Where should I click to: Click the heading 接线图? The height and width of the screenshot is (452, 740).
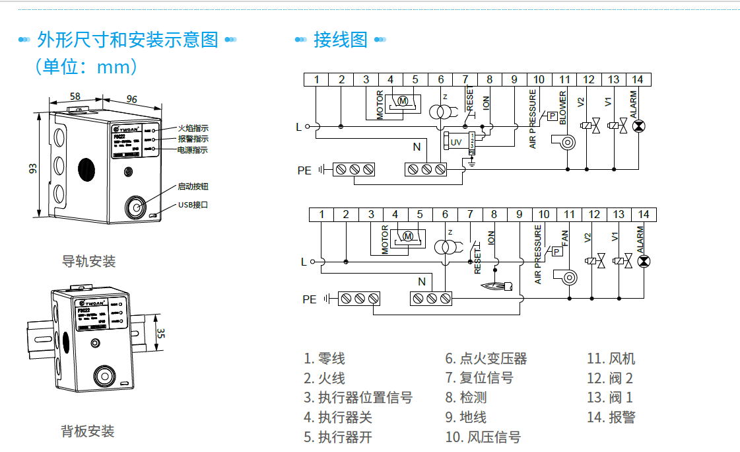pyautogui.click(x=340, y=40)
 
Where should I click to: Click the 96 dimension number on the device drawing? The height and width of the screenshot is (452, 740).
pyautogui.click(x=131, y=99)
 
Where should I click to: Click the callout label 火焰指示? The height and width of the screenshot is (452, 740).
pyautogui.click(x=193, y=128)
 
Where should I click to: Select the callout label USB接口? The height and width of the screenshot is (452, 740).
pyautogui.click(x=193, y=205)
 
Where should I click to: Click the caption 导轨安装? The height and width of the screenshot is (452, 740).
pyautogui.click(x=88, y=261)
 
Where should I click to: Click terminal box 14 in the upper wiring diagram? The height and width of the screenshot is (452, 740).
pyautogui.click(x=637, y=79)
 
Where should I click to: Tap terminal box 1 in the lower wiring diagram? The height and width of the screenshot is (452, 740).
pyautogui.click(x=321, y=214)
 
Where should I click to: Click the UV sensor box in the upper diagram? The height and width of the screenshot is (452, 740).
pyautogui.click(x=456, y=142)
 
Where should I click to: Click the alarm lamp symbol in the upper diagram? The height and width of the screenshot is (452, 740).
pyautogui.click(x=638, y=126)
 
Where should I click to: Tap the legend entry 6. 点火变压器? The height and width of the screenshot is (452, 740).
pyautogui.click(x=486, y=359)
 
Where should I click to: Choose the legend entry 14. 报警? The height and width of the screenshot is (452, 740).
pyautogui.click(x=611, y=417)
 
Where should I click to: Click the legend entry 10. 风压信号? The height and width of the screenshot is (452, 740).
pyautogui.click(x=483, y=437)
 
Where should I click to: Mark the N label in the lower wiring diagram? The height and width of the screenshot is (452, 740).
pyautogui.click(x=422, y=282)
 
